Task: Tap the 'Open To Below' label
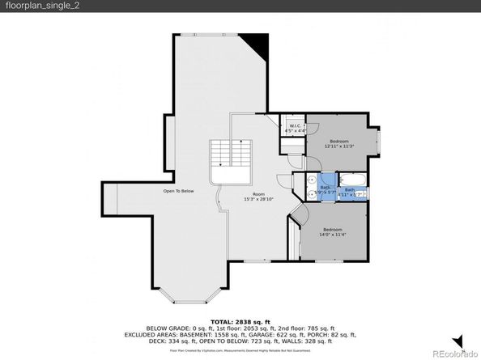tap(178, 191)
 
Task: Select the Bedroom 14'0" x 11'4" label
tap(334, 232)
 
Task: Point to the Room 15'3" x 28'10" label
tap(258, 197)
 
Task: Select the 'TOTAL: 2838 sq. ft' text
tap(240, 321)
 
